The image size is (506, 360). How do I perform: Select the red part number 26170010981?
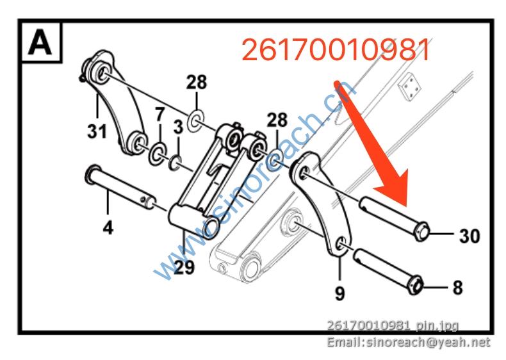point(336,49)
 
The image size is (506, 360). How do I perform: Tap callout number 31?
point(96,132)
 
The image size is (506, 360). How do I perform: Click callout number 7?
point(159,115)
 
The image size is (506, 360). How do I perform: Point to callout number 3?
point(178,127)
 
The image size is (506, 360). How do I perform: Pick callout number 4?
point(109,226)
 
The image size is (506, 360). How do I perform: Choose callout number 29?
point(184,268)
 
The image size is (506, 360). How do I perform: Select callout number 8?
point(457,287)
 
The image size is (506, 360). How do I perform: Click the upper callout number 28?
point(197,82)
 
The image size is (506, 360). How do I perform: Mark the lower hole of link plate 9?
point(341,243)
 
